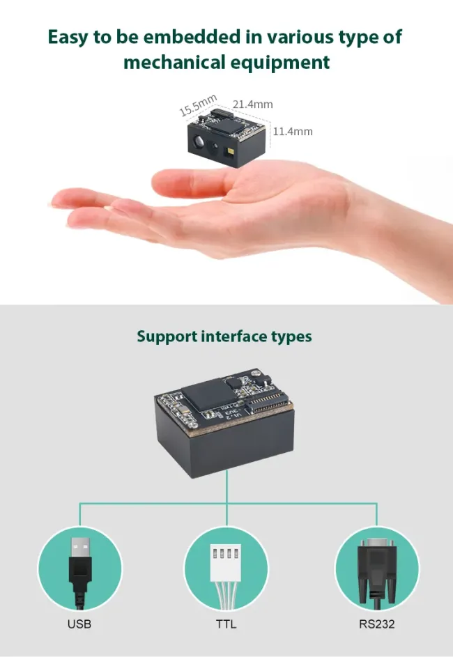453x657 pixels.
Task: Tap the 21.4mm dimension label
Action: pos(253,105)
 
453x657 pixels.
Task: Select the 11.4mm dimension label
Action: pos(293,131)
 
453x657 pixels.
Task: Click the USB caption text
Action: pos(79,624)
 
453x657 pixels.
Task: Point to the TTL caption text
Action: pos(227,624)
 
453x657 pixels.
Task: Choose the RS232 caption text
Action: pos(376,624)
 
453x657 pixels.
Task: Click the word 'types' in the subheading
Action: pos(292,337)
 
